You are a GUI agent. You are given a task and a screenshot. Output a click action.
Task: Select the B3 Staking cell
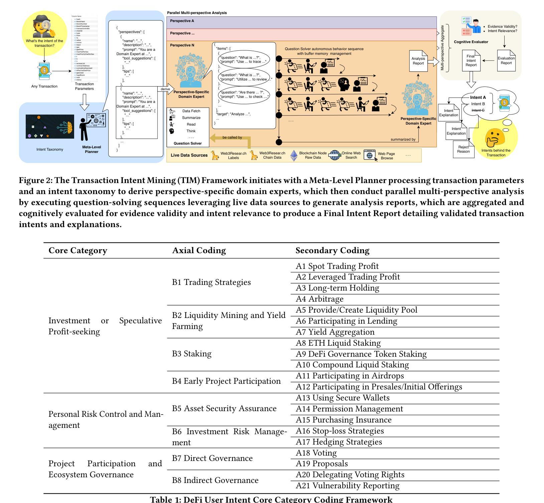click(x=192, y=354)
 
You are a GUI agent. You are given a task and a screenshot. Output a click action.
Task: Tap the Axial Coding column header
click(x=199, y=250)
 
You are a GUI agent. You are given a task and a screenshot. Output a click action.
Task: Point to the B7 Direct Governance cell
click(x=212, y=458)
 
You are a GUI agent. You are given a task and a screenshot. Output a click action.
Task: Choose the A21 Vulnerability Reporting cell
click(x=347, y=486)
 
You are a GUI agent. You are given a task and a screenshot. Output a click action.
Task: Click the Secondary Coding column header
click(x=332, y=250)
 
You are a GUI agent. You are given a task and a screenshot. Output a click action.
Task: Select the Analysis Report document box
click(x=418, y=61)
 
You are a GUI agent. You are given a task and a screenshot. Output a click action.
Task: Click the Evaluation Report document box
click(x=506, y=61)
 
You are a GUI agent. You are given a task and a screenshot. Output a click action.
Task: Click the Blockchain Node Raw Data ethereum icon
click(x=294, y=155)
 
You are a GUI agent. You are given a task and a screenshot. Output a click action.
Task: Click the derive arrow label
click(x=165, y=89)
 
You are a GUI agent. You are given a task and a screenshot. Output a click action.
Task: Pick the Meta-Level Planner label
click(x=92, y=149)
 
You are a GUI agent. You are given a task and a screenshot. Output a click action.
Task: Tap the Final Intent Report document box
click(x=471, y=61)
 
